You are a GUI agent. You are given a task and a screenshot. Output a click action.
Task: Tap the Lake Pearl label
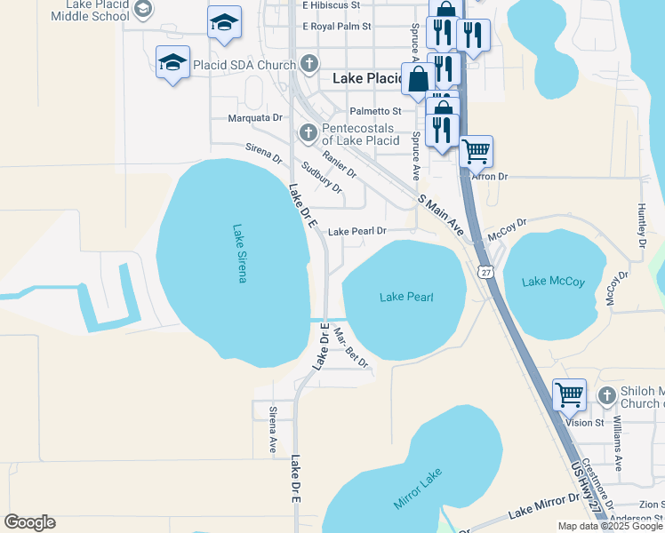(406, 297)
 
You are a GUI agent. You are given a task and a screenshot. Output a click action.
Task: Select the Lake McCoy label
(553, 282)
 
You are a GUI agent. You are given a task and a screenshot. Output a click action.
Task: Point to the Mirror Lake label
(418, 492)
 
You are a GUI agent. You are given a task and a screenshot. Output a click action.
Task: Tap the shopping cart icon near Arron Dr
(476, 152)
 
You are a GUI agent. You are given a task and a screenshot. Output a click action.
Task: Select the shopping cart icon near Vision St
(569, 394)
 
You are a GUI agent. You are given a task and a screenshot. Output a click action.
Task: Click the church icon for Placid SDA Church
(308, 63)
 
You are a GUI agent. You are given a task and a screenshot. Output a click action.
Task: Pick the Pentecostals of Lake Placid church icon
(308, 133)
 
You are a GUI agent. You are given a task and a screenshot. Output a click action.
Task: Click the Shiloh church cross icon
(607, 394)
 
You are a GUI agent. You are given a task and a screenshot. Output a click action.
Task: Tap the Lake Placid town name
(366, 78)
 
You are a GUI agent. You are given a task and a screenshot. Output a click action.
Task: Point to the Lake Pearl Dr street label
(357, 231)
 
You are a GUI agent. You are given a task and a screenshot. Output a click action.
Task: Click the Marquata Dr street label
(254, 117)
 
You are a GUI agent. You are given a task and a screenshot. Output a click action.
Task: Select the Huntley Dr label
(641, 225)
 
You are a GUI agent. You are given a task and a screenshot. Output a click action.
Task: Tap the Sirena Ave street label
(273, 431)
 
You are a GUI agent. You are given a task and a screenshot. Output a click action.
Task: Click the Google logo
(29, 522)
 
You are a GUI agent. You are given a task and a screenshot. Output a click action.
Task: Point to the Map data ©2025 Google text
(610, 526)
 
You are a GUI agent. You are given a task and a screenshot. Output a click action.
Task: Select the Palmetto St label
(375, 111)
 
